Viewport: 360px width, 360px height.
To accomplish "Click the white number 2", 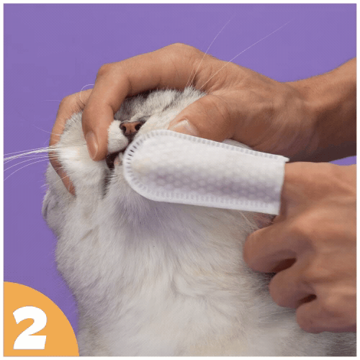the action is coord(30,328).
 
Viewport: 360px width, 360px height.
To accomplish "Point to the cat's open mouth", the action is coord(113,161).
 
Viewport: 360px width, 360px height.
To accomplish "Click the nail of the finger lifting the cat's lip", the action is coord(91,145).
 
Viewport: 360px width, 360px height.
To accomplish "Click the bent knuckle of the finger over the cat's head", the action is coord(106,72).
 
